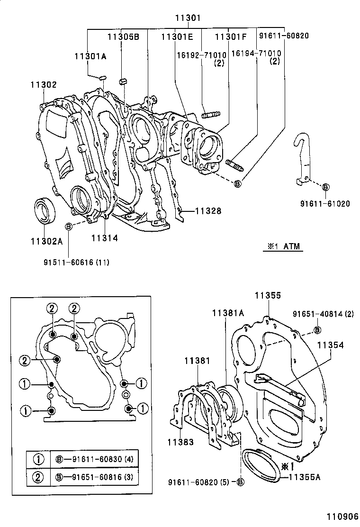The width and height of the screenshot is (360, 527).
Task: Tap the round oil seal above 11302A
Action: [45, 211]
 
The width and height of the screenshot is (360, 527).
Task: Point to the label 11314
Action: [104, 238]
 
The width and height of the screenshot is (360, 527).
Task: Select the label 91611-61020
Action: [325, 204]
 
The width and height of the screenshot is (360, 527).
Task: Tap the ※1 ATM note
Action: [283, 246]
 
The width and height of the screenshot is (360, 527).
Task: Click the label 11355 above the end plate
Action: [268, 295]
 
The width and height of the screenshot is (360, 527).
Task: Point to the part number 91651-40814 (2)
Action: [323, 314]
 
